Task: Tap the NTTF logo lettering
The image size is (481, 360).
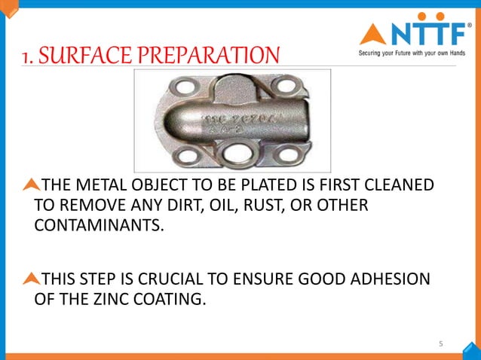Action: [427, 33]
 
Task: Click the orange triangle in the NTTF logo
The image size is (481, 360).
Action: [373, 34]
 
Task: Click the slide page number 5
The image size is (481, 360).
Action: [442, 344]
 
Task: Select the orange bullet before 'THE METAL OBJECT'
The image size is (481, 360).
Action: [31, 184]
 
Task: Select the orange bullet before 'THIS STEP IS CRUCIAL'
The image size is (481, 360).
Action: [31, 279]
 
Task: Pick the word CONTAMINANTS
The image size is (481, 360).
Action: [99, 226]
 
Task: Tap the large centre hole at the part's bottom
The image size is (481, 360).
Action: [231, 152]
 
